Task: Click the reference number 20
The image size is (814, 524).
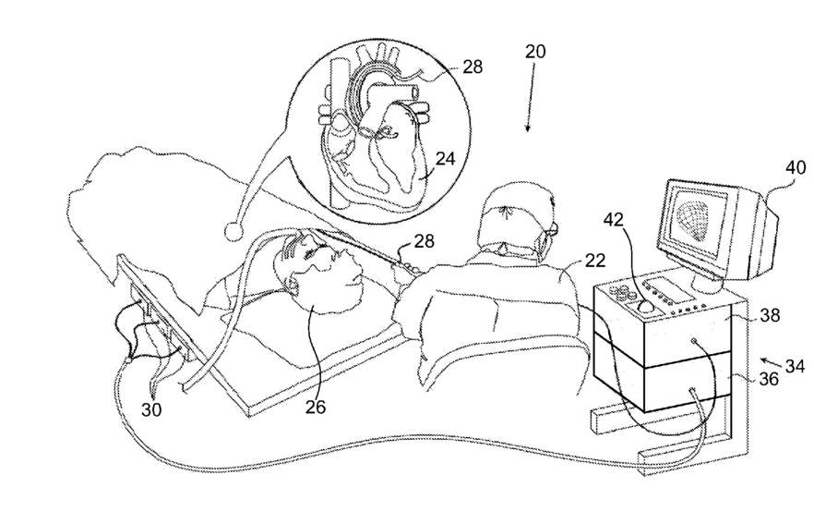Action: pyautogui.click(x=535, y=53)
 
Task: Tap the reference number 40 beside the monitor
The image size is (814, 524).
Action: pyautogui.click(x=796, y=169)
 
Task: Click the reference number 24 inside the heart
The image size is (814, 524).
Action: pyautogui.click(x=445, y=159)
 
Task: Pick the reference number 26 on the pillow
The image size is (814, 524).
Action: pyautogui.click(x=317, y=404)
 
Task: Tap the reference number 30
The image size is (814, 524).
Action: pyautogui.click(x=151, y=408)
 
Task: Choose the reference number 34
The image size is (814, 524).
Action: pyautogui.click(x=793, y=367)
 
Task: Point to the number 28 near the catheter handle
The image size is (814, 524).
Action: pyautogui.click(x=425, y=241)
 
